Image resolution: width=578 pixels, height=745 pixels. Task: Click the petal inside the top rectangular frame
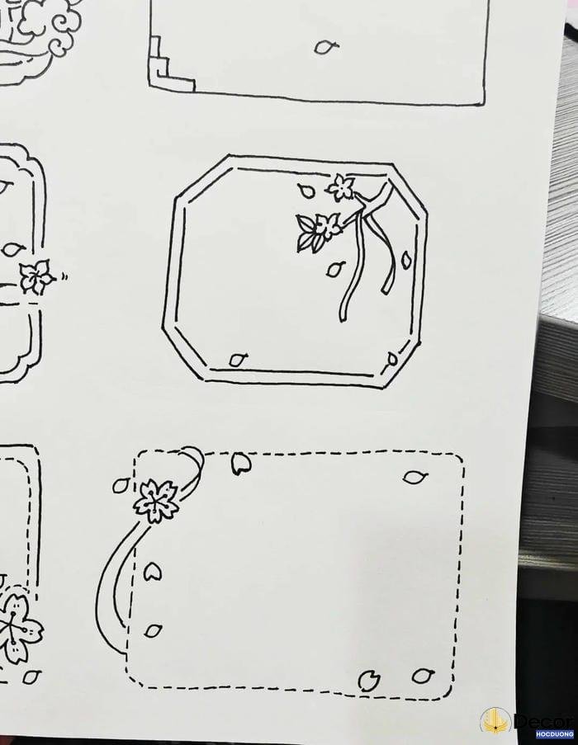click(326, 46)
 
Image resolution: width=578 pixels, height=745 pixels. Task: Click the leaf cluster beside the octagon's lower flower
click(306, 233)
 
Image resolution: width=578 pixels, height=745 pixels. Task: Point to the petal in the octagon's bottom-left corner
click(238, 359)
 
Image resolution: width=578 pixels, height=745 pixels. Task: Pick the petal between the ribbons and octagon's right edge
click(406, 259)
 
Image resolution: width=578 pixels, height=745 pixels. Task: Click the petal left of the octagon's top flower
click(306, 191)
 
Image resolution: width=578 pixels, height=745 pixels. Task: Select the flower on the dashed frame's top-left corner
click(156, 501)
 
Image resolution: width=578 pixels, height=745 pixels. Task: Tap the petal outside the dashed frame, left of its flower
click(121, 484)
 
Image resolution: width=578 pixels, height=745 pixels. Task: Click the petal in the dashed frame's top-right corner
click(415, 477)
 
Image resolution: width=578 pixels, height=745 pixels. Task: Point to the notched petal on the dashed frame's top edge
click(241, 463)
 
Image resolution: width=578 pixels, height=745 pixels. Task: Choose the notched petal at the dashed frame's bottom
click(368, 681)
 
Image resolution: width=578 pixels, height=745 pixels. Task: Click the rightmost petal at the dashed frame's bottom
click(422, 675)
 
